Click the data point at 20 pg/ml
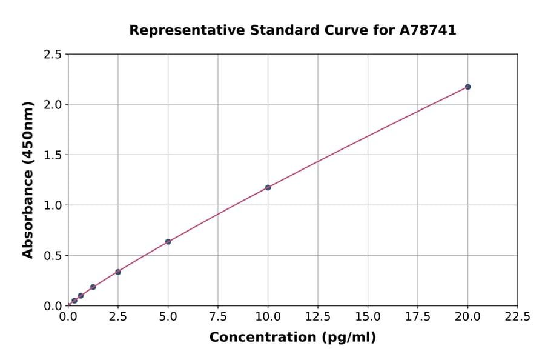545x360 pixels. (x=467, y=87)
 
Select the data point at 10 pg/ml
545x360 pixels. (x=268, y=187)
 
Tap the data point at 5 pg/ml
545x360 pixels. (x=168, y=242)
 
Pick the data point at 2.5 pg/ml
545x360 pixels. (x=118, y=272)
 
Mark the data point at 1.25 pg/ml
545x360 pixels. (x=93, y=287)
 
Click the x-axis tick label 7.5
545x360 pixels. (x=218, y=316)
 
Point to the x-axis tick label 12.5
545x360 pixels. (x=318, y=316)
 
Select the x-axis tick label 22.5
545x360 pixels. (x=517, y=316)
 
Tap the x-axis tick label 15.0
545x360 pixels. (x=368, y=316)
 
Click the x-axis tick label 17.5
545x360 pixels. (x=418, y=316)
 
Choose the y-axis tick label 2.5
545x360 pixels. (x=53, y=55)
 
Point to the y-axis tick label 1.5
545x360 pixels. (x=53, y=155)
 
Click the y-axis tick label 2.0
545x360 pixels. (x=53, y=105)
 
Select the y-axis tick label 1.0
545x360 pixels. (x=53, y=205)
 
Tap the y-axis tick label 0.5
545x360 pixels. (x=53, y=256)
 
